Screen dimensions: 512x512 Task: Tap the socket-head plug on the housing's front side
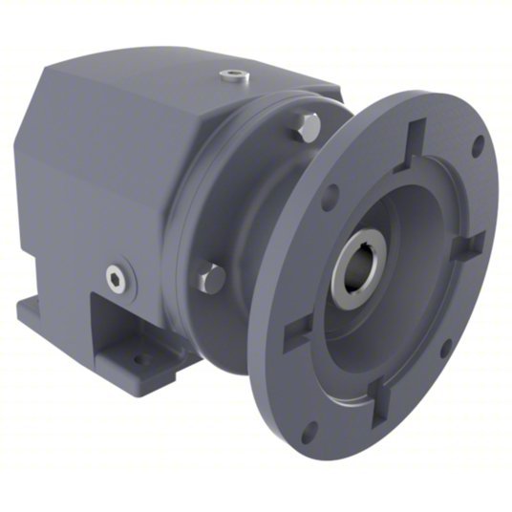click(117, 277)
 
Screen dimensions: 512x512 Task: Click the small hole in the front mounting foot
click(142, 360)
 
